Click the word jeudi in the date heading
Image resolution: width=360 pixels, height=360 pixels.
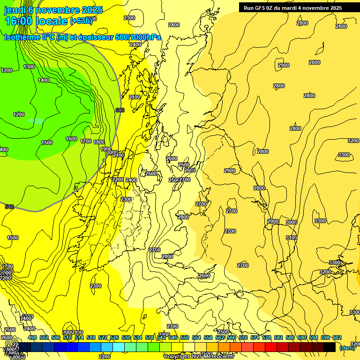(x=14, y=10)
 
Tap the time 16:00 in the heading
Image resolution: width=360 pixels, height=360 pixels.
(x=19, y=21)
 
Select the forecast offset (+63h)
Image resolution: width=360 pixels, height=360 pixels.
(x=81, y=21)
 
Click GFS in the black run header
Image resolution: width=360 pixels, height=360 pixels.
(x=265, y=8)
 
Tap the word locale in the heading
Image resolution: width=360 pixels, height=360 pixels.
(x=52, y=21)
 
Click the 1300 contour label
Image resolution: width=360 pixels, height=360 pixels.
(x=29, y=67)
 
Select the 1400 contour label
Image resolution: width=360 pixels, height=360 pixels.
(x=44, y=80)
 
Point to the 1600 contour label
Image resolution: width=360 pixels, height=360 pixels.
(x=71, y=139)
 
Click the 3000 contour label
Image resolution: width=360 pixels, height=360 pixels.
(x=292, y=222)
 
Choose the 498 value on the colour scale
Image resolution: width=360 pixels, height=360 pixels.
(x=32, y=337)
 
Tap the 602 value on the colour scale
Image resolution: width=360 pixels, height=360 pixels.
(x=337, y=337)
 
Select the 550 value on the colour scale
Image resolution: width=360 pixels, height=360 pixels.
(x=185, y=337)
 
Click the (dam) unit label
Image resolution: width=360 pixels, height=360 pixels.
(x=347, y=347)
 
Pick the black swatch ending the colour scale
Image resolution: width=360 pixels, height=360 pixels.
(x=330, y=347)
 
